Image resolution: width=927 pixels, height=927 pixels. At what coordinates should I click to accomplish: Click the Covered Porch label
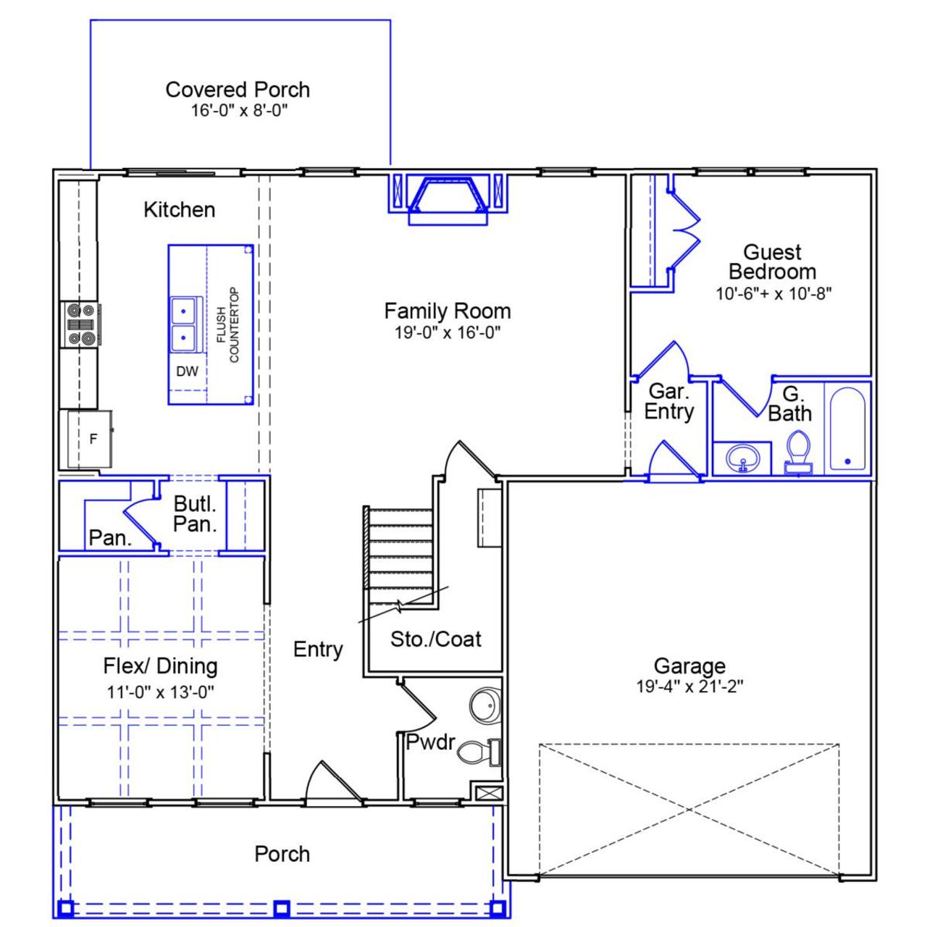pyautogui.click(x=238, y=90)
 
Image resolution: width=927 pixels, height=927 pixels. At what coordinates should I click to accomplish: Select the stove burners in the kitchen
pyautogui.click(x=80, y=324)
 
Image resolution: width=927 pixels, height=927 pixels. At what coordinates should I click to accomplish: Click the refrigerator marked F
pyautogui.click(x=90, y=439)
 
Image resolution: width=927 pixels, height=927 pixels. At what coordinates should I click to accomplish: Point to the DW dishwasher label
pyautogui.click(x=187, y=372)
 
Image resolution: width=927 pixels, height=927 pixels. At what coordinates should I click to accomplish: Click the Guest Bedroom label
pyautogui.click(x=772, y=262)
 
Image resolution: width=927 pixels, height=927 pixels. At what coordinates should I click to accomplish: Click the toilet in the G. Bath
pyautogui.click(x=798, y=452)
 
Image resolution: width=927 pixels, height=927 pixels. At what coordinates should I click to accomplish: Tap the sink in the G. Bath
pyautogui.click(x=742, y=458)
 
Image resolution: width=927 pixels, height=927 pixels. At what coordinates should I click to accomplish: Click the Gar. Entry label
pyautogui.click(x=668, y=401)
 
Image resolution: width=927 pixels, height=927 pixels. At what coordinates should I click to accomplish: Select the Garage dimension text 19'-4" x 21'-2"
pyautogui.click(x=689, y=686)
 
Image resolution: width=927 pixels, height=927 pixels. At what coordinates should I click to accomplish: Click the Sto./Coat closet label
pyautogui.click(x=435, y=639)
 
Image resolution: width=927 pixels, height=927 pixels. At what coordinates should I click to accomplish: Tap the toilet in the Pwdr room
pyautogui.click(x=475, y=752)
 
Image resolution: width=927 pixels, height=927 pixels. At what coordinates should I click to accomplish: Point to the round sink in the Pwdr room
pyautogui.click(x=485, y=705)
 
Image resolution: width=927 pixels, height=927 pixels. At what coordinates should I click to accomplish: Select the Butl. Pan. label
pyautogui.click(x=195, y=513)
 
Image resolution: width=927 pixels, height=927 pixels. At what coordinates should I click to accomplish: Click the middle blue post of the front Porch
pyautogui.click(x=282, y=907)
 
